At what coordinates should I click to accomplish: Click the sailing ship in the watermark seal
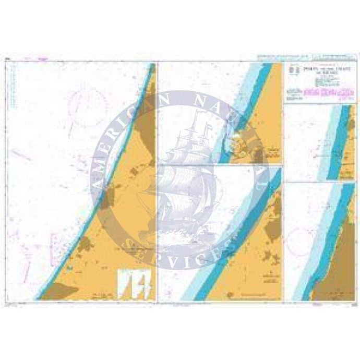pos(180,172)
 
